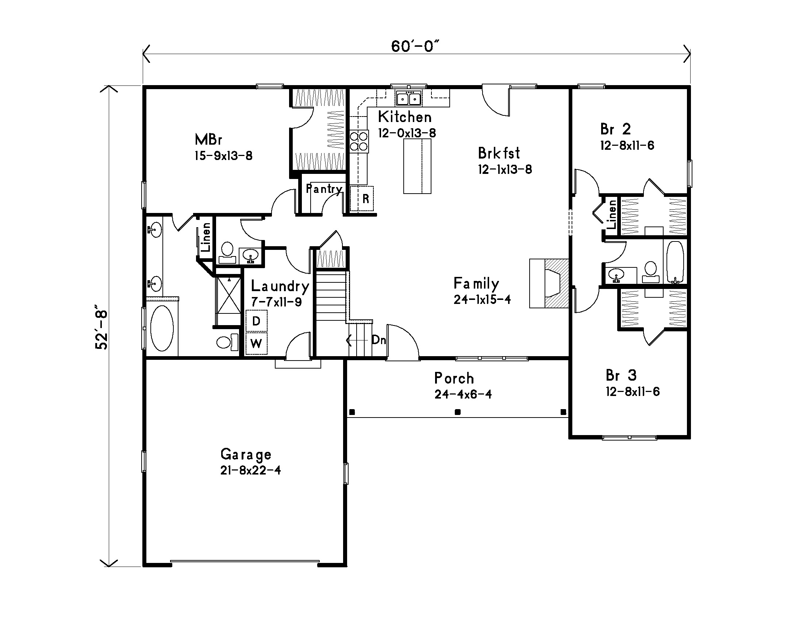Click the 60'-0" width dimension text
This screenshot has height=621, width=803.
point(415,47)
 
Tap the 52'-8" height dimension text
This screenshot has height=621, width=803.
point(102,327)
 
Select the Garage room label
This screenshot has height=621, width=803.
point(246,455)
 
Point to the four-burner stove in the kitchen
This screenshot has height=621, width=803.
point(359,141)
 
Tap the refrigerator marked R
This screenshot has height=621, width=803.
point(362,199)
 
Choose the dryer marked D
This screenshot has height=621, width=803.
point(256,321)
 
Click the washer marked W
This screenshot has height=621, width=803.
point(256,344)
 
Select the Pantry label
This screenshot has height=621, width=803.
point(324,189)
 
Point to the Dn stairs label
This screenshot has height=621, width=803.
point(379,340)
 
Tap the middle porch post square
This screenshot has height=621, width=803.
point(458,412)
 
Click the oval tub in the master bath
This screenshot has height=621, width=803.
point(162,328)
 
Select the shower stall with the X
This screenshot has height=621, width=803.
point(228,295)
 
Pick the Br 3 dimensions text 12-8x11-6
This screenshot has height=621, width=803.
point(633,392)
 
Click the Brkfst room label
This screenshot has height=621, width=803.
point(499,153)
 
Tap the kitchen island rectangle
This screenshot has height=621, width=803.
point(417,166)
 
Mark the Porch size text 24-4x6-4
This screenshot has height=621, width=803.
point(463,395)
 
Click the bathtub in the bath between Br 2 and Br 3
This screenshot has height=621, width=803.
point(675,262)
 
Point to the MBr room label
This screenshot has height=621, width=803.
point(208,140)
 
